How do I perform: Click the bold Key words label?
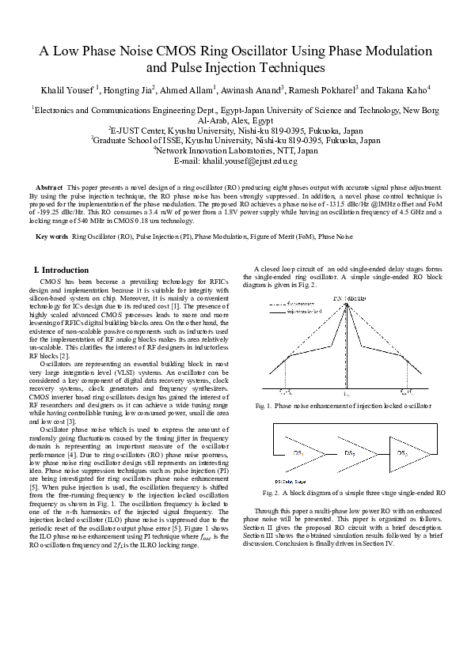pos(52,237)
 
